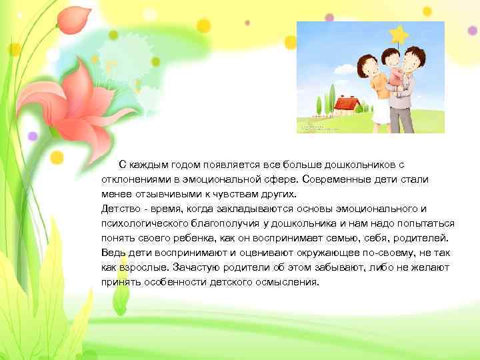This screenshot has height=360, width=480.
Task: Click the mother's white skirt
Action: click(x=379, y=113)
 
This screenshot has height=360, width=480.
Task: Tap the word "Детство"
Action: click(x=119, y=209)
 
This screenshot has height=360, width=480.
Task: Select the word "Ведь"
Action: click(x=112, y=253)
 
